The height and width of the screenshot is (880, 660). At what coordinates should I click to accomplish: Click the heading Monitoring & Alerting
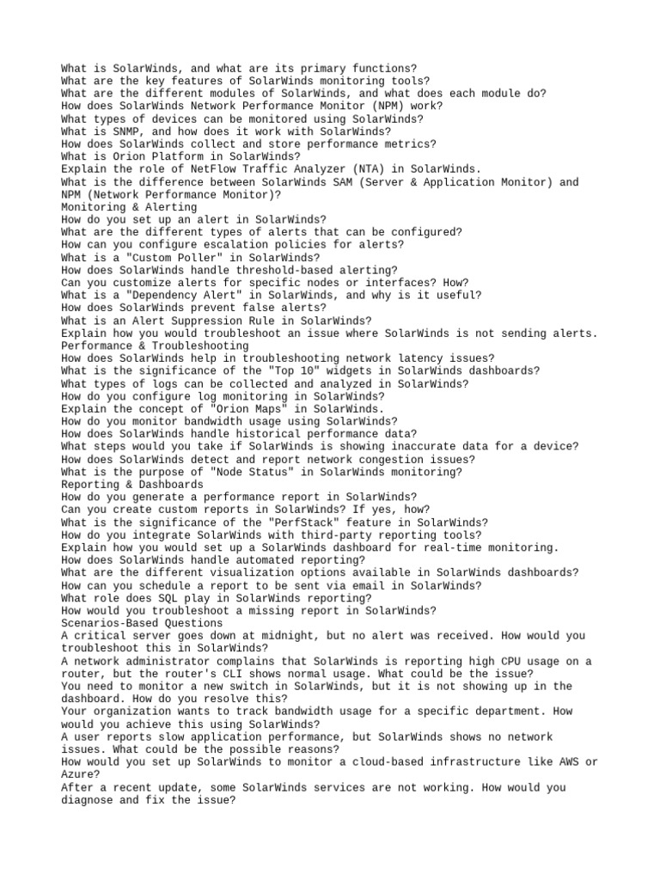[129, 207]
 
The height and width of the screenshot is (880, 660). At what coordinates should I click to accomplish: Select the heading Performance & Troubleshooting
[155, 345]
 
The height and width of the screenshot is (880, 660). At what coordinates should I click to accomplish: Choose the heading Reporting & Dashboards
[132, 485]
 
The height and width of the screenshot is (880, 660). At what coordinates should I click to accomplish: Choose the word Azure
[77, 774]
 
